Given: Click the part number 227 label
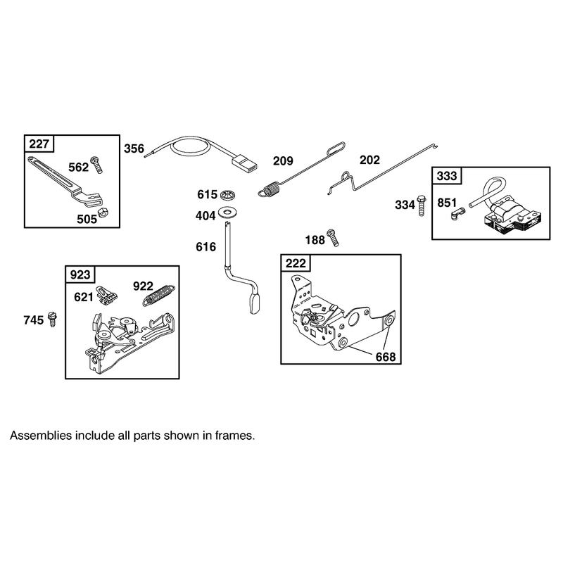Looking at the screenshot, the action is coord(39,144).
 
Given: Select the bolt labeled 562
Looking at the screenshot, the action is coord(96,165).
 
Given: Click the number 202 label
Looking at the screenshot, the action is coord(369,160).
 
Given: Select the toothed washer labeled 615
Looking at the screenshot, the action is coord(227,196).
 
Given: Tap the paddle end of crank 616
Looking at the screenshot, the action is coord(254,304).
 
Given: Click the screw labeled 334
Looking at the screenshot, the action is coord(422,205).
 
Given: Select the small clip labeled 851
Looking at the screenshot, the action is coord(457,213).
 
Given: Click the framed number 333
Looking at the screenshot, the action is coord(447,176).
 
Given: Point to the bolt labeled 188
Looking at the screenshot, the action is coord(332,237).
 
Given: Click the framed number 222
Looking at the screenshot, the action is coord(296,263).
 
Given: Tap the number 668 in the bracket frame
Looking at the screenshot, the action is coord(386,357).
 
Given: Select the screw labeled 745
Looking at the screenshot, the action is coord(52,320).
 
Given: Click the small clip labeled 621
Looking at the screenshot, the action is coord(107,295).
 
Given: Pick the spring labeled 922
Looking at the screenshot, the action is coord(159,295).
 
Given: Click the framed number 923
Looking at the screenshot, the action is coord(80,274).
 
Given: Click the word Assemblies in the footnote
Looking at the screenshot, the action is coord(41,436).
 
